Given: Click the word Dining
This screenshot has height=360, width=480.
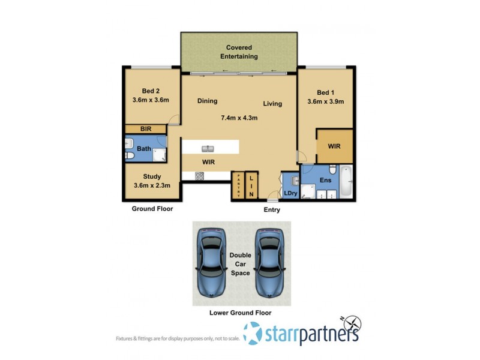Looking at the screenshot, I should [207, 101].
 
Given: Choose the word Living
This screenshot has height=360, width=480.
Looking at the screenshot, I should [272, 104].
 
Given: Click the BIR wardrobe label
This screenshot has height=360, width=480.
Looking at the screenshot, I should [145, 128].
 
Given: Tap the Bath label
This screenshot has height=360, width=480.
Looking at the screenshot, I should [144, 149].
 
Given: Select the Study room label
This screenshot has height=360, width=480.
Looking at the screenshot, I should [151, 176].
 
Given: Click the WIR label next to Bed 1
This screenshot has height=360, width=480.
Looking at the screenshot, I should [334, 146].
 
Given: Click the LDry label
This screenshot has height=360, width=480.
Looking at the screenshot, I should [291, 193].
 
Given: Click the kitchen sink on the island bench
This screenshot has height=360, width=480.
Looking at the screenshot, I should [208, 148].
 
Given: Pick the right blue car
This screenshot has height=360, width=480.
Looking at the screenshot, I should [269, 263].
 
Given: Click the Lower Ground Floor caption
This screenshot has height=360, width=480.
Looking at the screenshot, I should [241, 313].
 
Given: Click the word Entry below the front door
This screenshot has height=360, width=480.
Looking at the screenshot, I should [272, 210].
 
